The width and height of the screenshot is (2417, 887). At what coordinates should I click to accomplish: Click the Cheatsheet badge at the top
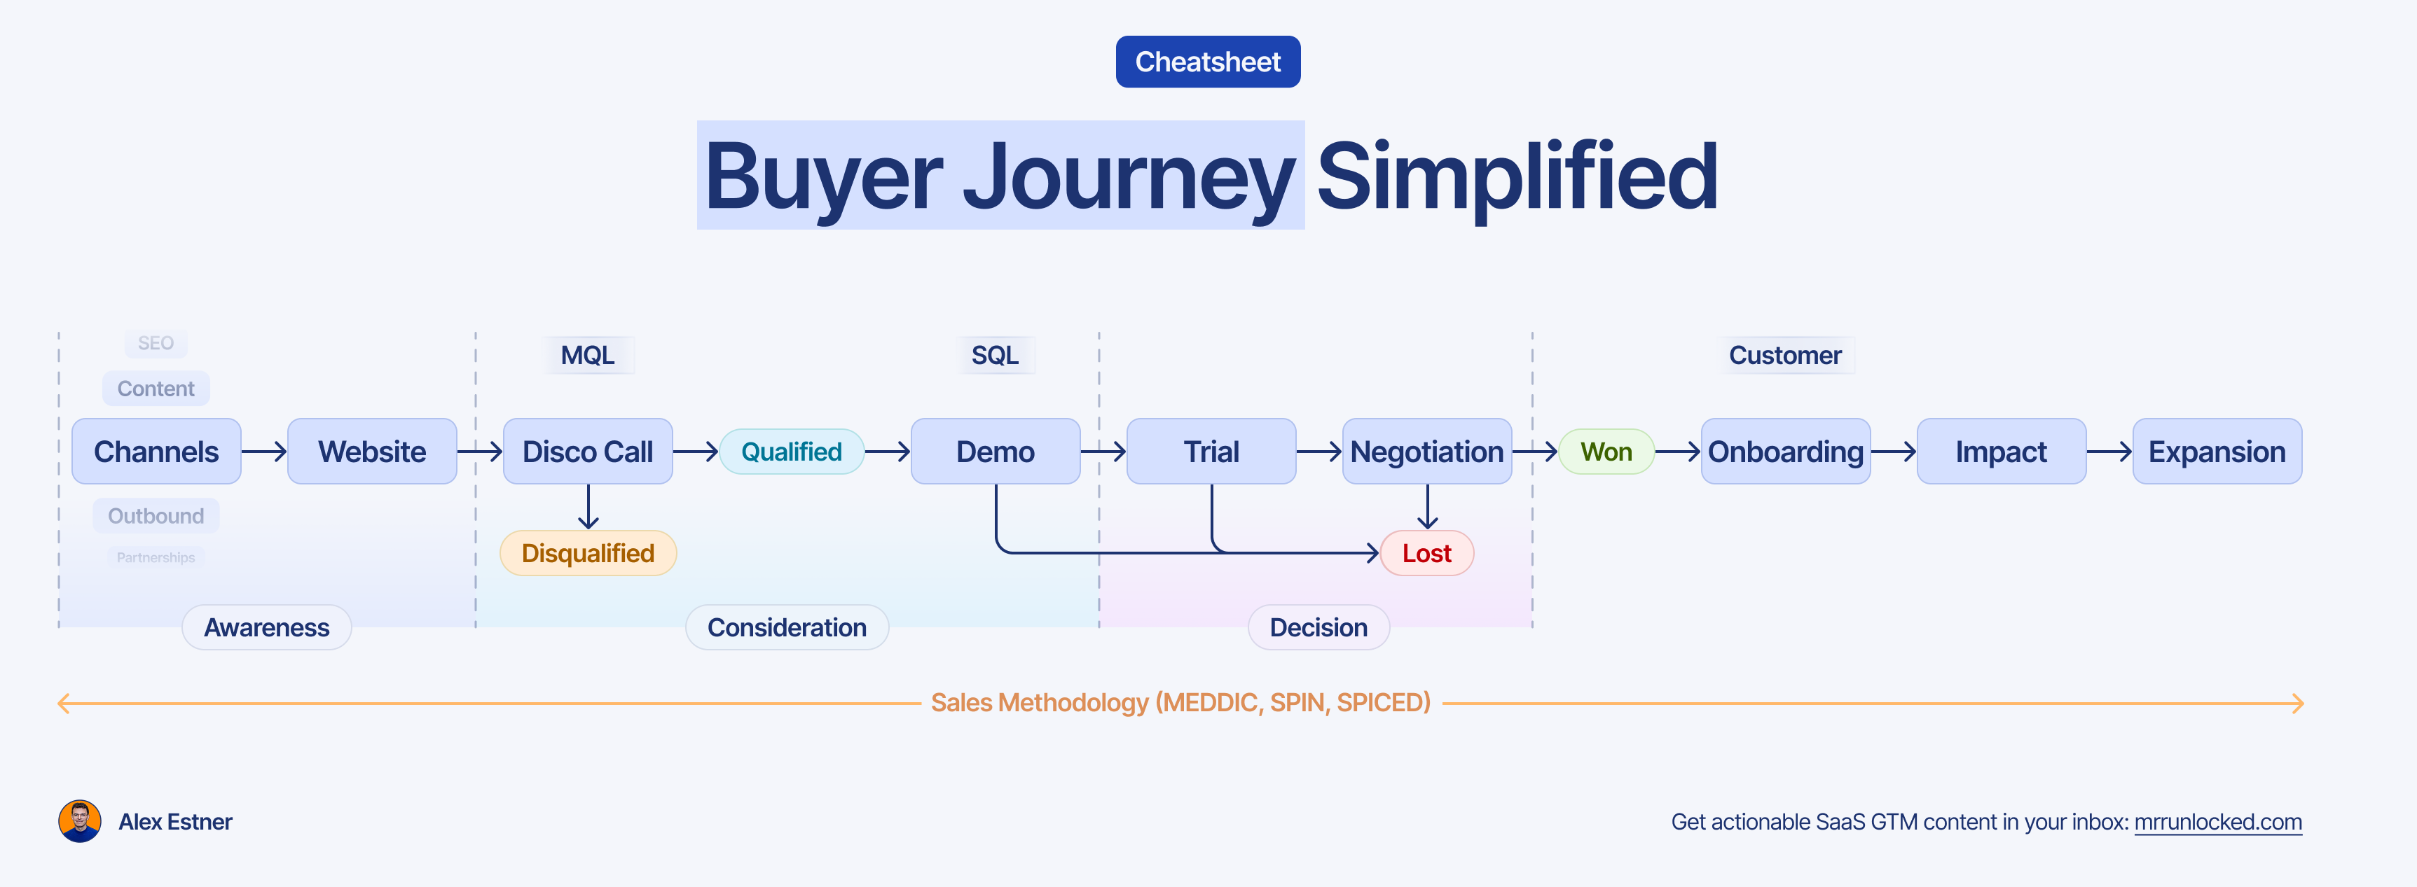click(x=1208, y=62)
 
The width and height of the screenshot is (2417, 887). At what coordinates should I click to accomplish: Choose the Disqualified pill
click(x=587, y=553)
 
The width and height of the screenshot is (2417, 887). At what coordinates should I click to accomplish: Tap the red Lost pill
click(x=1426, y=553)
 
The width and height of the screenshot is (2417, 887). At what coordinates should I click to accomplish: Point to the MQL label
click(x=587, y=356)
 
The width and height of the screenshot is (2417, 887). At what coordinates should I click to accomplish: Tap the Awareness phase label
click(x=266, y=627)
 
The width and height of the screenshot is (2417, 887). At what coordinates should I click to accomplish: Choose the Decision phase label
click(x=1318, y=627)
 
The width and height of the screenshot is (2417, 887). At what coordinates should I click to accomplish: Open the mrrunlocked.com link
click(x=2217, y=823)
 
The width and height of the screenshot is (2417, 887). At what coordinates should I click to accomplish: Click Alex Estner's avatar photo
click(x=80, y=821)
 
